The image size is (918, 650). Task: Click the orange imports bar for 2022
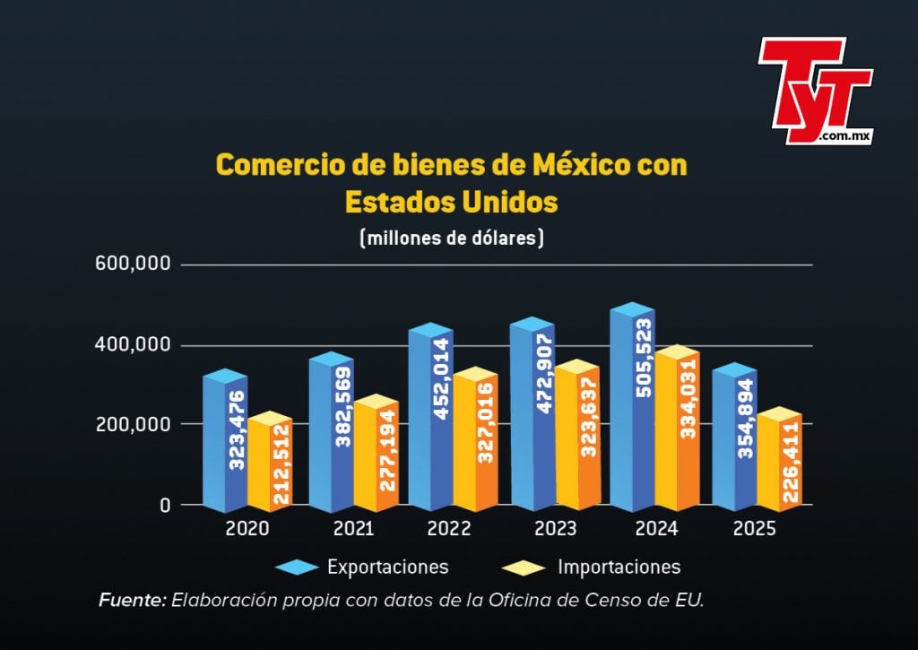tap(474, 439)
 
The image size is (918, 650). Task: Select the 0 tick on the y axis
tap(165, 505)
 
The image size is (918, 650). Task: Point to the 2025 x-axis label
tap(754, 529)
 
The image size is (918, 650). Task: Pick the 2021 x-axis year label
tap(353, 529)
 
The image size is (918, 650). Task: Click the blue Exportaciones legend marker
tap(297, 568)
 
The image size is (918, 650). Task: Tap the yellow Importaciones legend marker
tap(524, 568)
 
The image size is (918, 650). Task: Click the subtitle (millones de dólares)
tap(451, 238)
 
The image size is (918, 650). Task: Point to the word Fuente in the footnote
tap(132, 600)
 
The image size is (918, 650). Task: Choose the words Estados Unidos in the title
tap(451, 202)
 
